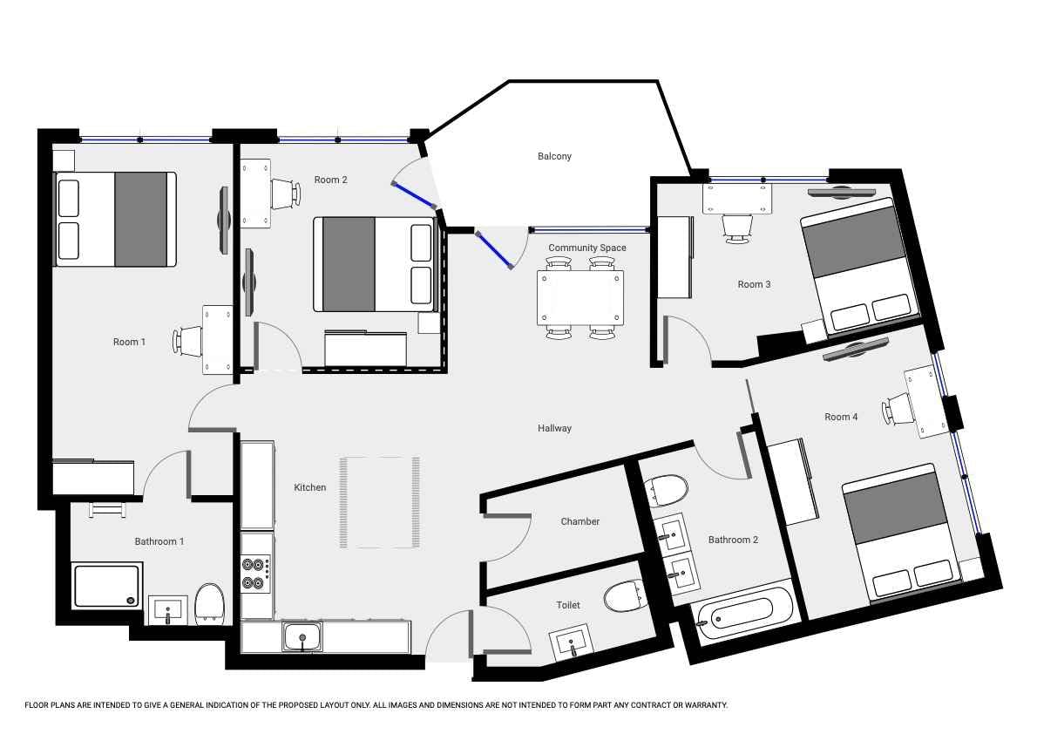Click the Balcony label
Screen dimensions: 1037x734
(x=554, y=156)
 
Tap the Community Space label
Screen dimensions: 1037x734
(x=586, y=248)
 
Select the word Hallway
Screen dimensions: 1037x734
(x=554, y=428)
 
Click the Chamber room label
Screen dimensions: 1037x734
(x=580, y=521)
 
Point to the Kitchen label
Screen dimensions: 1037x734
(x=309, y=487)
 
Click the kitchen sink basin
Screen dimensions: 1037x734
(x=302, y=636)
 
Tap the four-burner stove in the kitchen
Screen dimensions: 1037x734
(x=256, y=574)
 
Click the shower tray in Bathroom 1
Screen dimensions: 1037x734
(x=106, y=586)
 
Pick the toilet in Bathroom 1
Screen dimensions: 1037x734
(x=210, y=603)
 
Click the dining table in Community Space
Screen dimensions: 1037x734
(x=580, y=297)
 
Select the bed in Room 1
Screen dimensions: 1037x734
(x=115, y=219)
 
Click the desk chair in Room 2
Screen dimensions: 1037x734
(x=287, y=194)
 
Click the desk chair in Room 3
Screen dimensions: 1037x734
(x=736, y=228)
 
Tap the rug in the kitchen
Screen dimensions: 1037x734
(x=380, y=502)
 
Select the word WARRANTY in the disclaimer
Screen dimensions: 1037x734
(x=705, y=705)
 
